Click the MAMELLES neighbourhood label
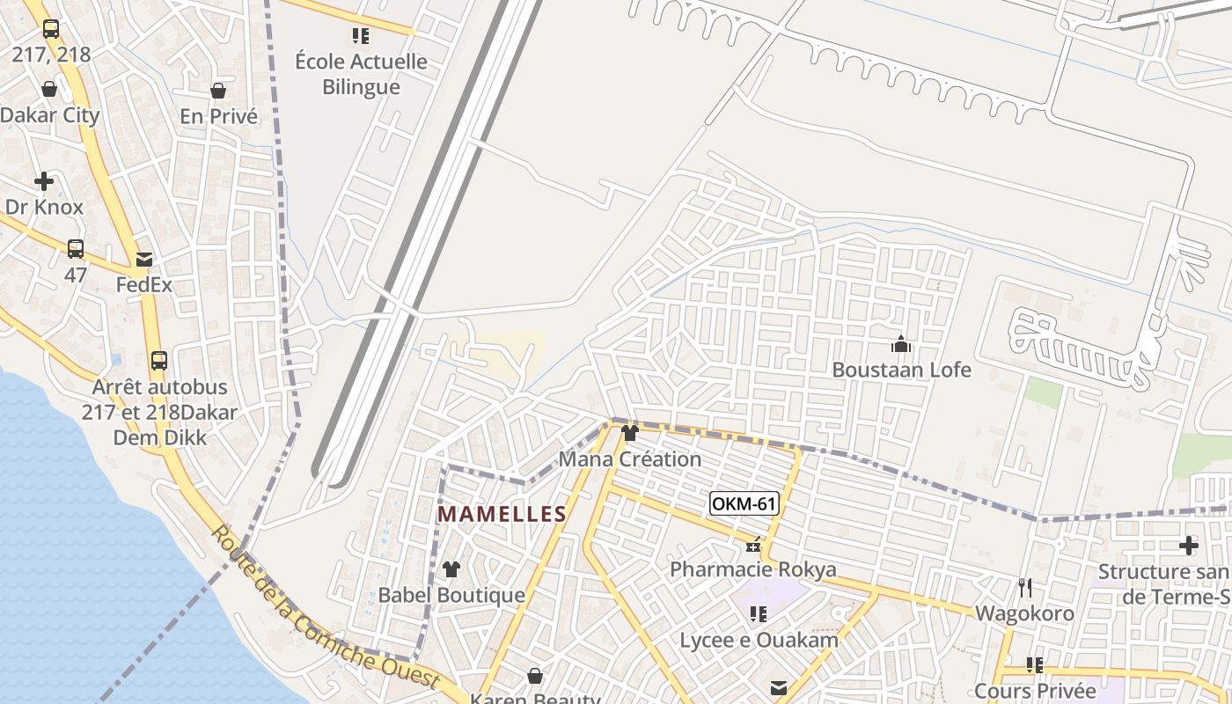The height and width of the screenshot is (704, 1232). [x=502, y=514]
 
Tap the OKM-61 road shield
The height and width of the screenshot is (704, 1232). [x=744, y=504]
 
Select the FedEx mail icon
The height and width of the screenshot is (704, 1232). [x=143, y=260]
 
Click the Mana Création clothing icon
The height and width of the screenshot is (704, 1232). [x=630, y=433]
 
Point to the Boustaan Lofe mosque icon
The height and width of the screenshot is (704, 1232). [x=901, y=344]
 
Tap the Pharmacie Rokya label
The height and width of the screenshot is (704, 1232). [x=753, y=569]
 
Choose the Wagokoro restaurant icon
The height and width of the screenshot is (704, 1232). [x=1024, y=587]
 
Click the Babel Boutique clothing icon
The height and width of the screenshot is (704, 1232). [x=451, y=569]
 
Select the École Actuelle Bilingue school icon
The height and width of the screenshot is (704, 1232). [x=361, y=35]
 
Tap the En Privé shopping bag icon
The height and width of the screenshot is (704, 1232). [x=218, y=91]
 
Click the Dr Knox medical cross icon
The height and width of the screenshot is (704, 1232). [x=44, y=182]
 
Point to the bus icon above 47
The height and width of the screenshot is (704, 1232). [x=76, y=249]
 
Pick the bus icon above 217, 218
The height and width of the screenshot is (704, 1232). [x=51, y=28]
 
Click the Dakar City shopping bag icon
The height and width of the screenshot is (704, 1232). [x=49, y=90]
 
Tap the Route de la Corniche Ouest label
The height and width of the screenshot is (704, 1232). [x=326, y=608]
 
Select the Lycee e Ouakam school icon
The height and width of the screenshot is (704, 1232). [x=758, y=614]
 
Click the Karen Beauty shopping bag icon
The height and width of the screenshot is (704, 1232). [x=534, y=676]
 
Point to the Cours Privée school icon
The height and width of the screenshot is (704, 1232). [x=1035, y=664]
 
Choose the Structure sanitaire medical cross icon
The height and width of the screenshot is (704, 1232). [x=1189, y=546]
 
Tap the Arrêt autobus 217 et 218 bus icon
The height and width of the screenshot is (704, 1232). [x=159, y=360]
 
